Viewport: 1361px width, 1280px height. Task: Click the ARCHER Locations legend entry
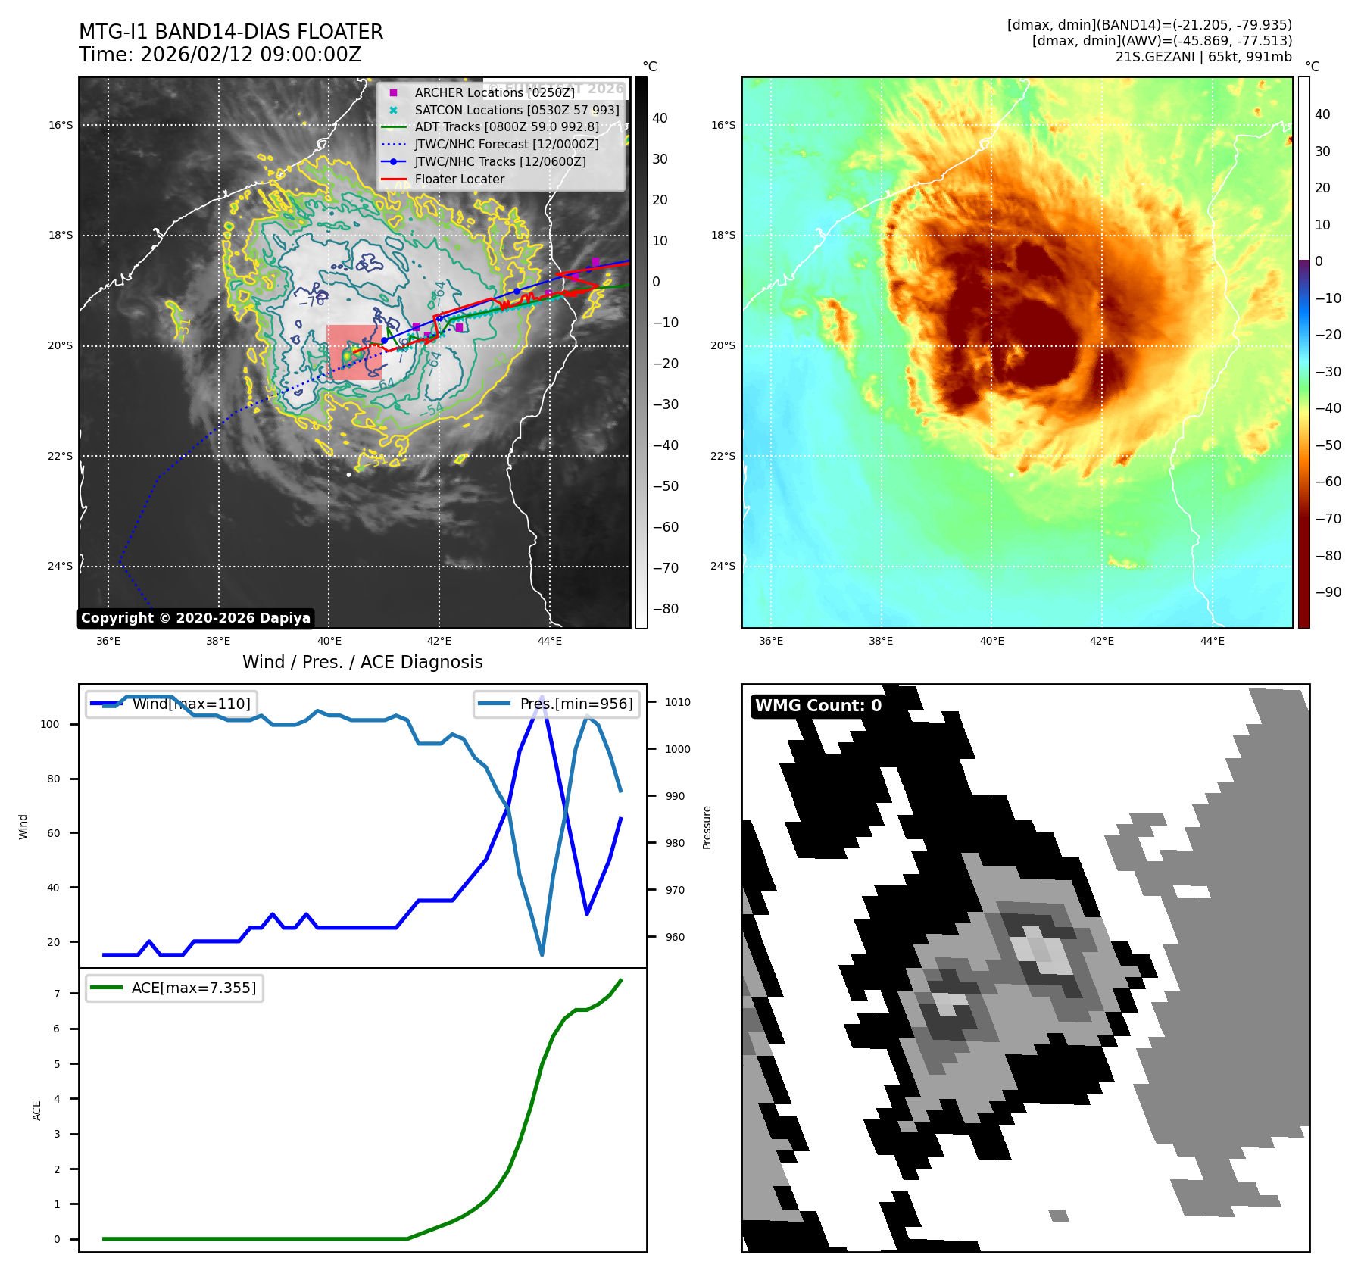pos(494,92)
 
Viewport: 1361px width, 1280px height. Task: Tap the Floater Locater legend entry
pos(459,180)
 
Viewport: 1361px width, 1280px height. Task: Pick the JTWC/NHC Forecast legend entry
pos(506,145)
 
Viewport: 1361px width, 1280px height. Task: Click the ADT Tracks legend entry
pos(506,127)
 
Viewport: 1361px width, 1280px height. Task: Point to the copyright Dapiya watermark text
pos(195,618)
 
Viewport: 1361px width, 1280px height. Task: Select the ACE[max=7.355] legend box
pos(175,988)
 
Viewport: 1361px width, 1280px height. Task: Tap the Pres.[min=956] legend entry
pos(557,704)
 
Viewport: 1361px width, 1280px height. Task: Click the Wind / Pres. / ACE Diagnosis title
pos(362,662)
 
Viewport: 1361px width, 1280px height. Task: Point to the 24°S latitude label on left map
pos(61,566)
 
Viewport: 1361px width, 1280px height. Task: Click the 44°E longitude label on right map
pos(1212,641)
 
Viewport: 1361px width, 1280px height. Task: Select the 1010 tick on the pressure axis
pos(678,702)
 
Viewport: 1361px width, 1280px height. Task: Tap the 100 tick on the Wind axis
pos(50,724)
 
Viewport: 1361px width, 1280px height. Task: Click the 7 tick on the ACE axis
pos(56,994)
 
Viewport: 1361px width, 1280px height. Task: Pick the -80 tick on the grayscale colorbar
pos(665,609)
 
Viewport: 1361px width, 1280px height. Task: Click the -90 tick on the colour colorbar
pos(1328,592)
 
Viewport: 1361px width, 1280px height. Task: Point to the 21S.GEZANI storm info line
pos(1203,57)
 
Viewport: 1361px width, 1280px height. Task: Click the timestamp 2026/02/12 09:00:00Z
pos(251,55)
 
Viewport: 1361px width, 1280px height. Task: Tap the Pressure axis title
pos(707,827)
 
